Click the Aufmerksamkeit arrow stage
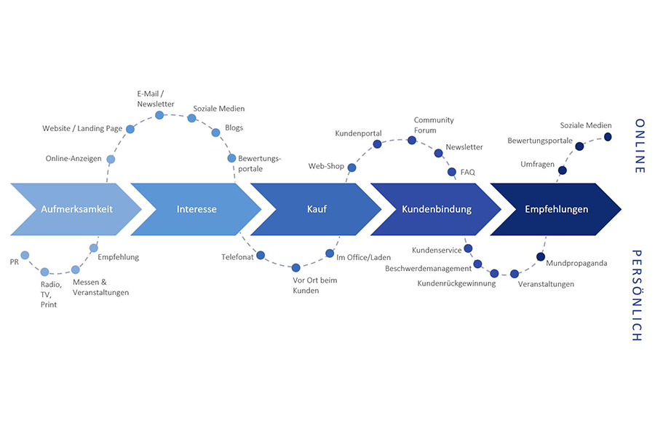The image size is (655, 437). (76, 209)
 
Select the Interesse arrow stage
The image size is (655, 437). (196, 209)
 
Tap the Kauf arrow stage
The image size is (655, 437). (317, 209)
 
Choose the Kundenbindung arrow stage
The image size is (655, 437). (437, 209)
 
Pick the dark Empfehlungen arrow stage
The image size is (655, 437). (557, 209)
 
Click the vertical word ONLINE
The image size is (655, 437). (640, 146)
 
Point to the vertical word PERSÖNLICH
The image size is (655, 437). (636, 296)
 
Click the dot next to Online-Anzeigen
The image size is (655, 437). (111, 159)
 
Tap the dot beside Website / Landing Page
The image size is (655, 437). (130, 129)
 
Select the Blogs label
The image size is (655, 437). (234, 127)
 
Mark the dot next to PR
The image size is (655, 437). (25, 255)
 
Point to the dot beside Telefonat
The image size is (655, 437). (261, 256)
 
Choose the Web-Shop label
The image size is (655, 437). (326, 166)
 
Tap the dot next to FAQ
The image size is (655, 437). (452, 173)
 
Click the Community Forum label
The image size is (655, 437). (434, 125)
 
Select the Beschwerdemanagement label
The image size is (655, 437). (429, 269)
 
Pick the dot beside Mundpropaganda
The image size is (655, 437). (541, 256)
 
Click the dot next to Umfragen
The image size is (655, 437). (563, 170)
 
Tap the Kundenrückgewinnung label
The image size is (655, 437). (456, 283)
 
